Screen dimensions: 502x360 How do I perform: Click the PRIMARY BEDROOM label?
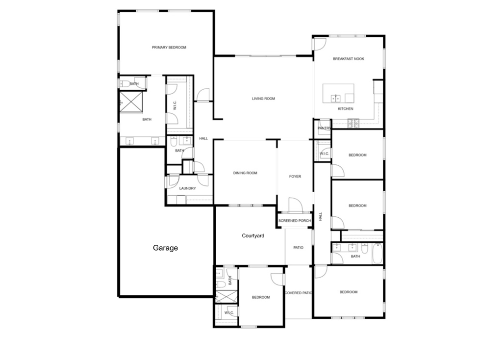tap(169, 48)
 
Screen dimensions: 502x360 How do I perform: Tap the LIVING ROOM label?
tap(263, 99)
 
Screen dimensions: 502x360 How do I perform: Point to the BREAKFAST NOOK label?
tap(349, 59)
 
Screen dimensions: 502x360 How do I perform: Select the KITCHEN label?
tap(346, 109)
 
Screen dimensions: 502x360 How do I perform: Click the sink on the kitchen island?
tap(335, 98)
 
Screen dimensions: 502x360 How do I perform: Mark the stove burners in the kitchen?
tap(353, 123)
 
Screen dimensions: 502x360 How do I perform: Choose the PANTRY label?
tap(324, 128)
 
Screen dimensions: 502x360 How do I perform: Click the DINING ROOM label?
tap(245, 173)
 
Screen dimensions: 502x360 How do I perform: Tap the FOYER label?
tap(295, 177)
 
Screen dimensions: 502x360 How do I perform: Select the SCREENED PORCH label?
tap(295, 221)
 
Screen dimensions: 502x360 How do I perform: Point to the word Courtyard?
tap(253, 236)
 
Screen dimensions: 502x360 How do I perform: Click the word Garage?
tap(165, 248)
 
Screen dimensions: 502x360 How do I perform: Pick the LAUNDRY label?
tap(187, 188)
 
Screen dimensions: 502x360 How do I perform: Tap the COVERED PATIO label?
tap(299, 293)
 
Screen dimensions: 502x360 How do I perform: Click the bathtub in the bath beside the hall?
tap(378, 254)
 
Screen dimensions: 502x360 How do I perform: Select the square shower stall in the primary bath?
tap(131, 102)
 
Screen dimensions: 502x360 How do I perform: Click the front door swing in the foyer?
tap(296, 205)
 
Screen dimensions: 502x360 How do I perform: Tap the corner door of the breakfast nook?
tap(320, 44)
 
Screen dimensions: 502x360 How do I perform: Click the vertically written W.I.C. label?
tap(175, 105)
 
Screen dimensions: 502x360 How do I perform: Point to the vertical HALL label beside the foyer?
tap(321, 216)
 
